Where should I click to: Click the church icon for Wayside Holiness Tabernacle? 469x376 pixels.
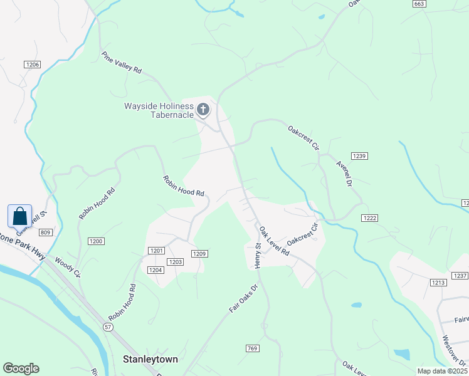[x=203, y=110]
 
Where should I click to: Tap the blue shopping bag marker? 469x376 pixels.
[x=19, y=216]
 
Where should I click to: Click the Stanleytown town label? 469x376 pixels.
[x=150, y=360]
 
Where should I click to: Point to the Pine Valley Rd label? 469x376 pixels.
[x=122, y=63]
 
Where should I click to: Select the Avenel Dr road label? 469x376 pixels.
[x=344, y=173]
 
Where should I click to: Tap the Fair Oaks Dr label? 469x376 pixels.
[x=243, y=300]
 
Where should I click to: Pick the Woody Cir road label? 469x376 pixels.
[x=68, y=266]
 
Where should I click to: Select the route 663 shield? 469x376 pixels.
[x=419, y=4]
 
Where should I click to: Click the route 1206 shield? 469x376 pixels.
[x=33, y=65]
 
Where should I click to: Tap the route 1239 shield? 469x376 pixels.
[x=359, y=156]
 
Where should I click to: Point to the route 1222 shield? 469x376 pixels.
[x=369, y=217]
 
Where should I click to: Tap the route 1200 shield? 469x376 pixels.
[x=96, y=241]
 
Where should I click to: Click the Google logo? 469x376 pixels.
[x=21, y=368]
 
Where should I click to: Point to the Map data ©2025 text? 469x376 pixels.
[x=442, y=371]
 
